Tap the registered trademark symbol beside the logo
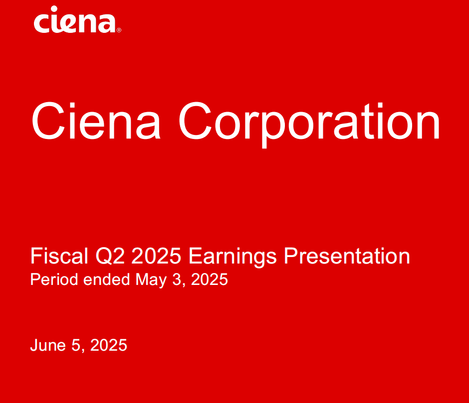click(119, 30)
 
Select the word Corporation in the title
click(309, 122)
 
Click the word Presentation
click(347, 257)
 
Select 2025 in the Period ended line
click(210, 279)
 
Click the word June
click(48, 345)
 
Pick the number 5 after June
click(76, 345)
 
